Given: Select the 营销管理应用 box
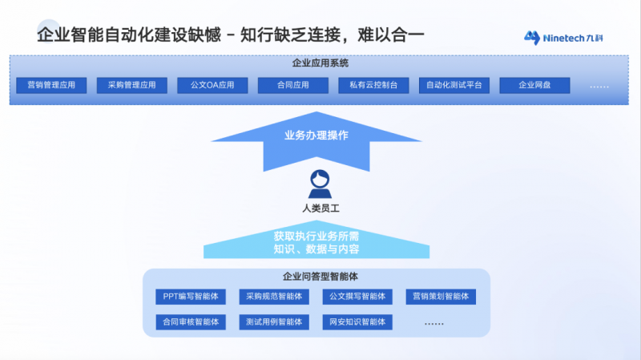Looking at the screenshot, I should pyautogui.click(x=51, y=84).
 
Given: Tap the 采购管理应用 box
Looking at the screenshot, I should pyautogui.click(x=131, y=84).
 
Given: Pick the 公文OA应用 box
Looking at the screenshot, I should pyautogui.click(x=212, y=84).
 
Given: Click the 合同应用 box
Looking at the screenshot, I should pyautogui.click(x=292, y=84).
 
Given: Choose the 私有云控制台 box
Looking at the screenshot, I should pyautogui.click(x=373, y=84).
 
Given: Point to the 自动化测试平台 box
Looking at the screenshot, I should pyautogui.click(x=454, y=84).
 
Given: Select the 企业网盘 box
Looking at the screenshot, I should pyautogui.click(x=534, y=84).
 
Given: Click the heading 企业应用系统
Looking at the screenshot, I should pyautogui.click(x=320, y=63).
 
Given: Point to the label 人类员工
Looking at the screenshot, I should pyautogui.click(x=320, y=210).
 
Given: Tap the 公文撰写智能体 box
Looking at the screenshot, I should pyautogui.click(x=357, y=297).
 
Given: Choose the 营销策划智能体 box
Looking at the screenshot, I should pyautogui.click(x=441, y=297).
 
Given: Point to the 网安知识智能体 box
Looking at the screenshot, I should pyautogui.click(x=357, y=322).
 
